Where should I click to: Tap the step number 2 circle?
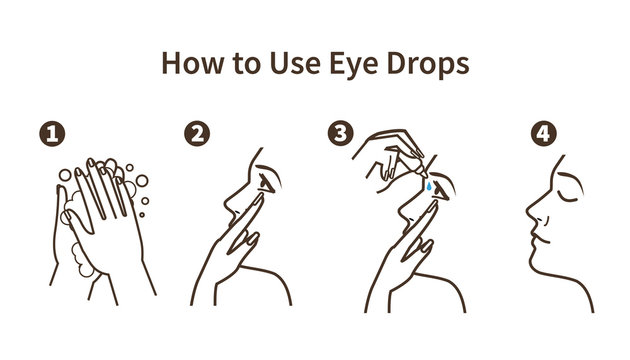(198, 134)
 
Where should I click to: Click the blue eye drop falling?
(428, 186)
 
